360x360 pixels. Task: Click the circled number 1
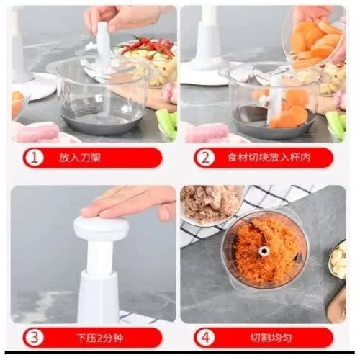[35, 158]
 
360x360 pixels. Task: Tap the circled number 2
[205, 158]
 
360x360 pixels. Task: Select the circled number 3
[35, 338]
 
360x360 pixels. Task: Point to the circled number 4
[205, 338]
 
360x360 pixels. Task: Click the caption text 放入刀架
[80, 158]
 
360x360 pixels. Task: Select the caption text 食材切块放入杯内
[269, 158]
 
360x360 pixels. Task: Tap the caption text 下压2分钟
[100, 338]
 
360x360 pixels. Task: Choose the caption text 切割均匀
[271, 338]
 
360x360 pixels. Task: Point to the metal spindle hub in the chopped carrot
[264, 251]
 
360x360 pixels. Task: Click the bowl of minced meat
[211, 205]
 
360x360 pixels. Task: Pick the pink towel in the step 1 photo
[36, 132]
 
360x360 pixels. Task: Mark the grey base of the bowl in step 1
[102, 124]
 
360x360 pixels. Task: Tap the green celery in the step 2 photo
[336, 125]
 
